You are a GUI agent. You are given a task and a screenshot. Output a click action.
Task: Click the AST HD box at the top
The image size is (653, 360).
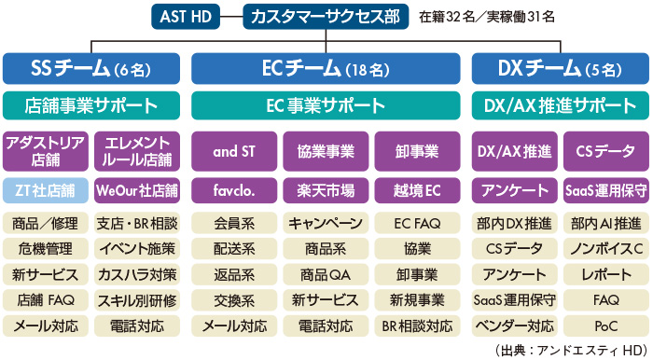[x=187, y=16]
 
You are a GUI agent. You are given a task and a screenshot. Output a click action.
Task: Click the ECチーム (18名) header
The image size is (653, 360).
[x=326, y=68]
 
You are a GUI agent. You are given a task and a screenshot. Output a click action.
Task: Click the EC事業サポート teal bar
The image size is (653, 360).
[x=326, y=104]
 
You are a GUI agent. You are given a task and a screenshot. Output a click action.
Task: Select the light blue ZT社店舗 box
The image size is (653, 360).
[x=46, y=190]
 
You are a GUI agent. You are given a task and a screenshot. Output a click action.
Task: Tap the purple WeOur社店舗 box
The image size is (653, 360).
[x=137, y=190]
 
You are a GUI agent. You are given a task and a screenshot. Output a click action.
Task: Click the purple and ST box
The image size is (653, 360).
[x=233, y=149]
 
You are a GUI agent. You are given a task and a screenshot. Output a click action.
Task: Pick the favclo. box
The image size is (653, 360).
[x=233, y=190]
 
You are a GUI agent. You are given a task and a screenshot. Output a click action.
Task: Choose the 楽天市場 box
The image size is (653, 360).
[x=326, y=190]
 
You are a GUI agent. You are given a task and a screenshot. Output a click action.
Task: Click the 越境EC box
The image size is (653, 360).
[x=417, y=190]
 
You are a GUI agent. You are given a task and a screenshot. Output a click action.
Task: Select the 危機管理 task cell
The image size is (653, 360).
[x=46, y=249]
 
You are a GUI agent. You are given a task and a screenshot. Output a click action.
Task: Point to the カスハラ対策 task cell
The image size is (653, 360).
[x=137, y=275]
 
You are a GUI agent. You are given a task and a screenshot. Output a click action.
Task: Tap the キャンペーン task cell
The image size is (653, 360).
[x=326, y=224]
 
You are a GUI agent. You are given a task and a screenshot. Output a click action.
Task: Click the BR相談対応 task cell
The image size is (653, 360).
[x=417, y=326]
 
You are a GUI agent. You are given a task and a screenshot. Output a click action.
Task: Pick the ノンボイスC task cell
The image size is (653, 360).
[x=605, y=249]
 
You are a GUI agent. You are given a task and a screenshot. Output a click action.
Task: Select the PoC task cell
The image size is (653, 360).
[x=605, y=326]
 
